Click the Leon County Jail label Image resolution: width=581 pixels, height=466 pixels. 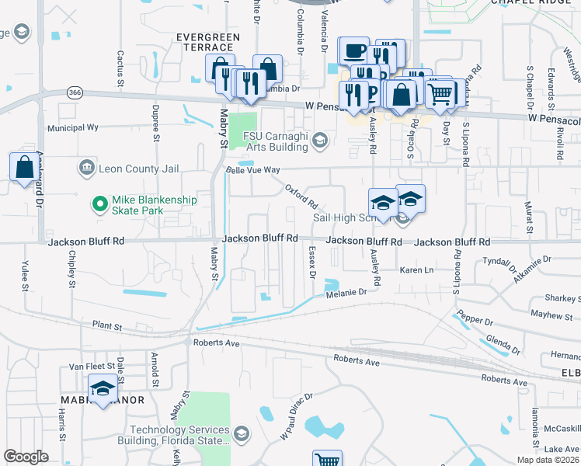pyautogui.click(x=138, y=169)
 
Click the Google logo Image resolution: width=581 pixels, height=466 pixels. pyautogui.click(x=26, y=457)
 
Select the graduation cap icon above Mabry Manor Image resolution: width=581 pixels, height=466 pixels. pyautogui.click(x=103, y=389)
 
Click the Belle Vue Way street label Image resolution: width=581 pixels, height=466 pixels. pyautogui.click(x=251, y=169)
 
